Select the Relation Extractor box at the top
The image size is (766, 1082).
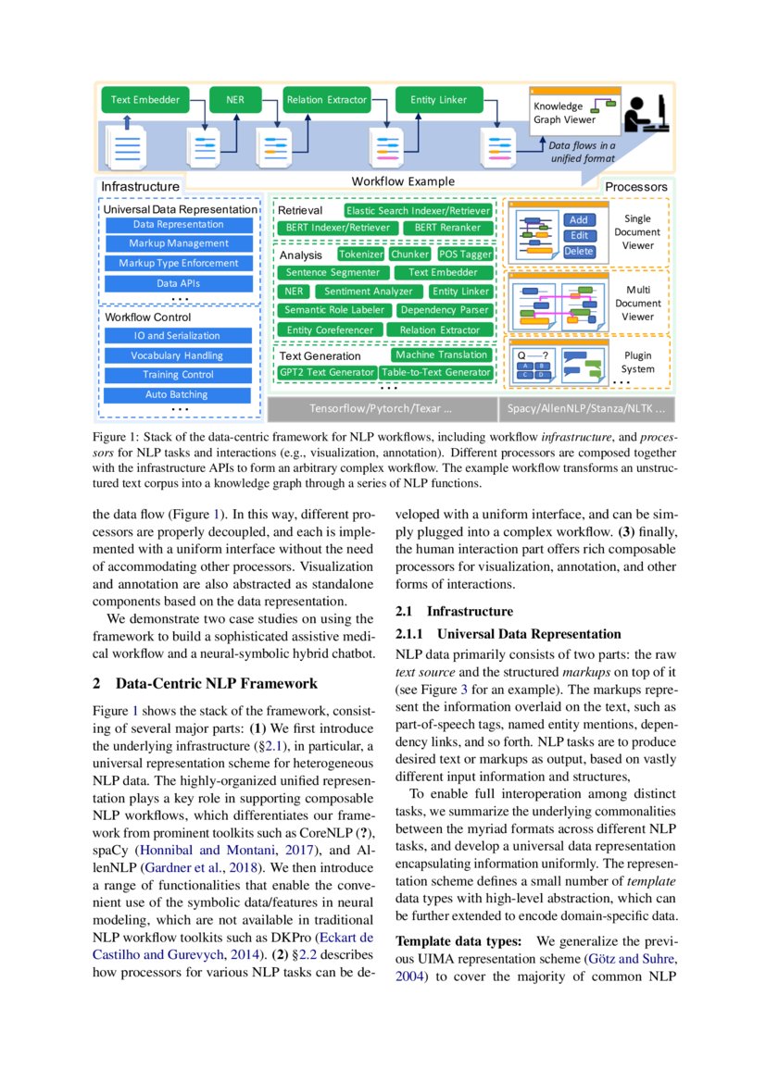(x=326, y=100)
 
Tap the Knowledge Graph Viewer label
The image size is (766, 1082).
(x=559, y=113)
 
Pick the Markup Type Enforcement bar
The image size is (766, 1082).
(x=178, y=264)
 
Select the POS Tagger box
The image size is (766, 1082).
(x=465, y=255)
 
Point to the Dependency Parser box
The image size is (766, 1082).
(x=444, y=311)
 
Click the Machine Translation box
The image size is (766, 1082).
(x=441, y=355)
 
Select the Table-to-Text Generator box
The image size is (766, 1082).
(x=435, y=373)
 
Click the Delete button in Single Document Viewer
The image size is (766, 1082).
(x=578, y=251)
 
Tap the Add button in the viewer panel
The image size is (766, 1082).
(x=578, y=220)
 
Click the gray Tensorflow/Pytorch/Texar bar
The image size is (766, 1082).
(x=382, y=408)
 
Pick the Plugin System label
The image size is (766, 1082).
(x=637, y=363)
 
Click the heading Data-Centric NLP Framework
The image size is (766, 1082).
(x=217, y=684)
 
